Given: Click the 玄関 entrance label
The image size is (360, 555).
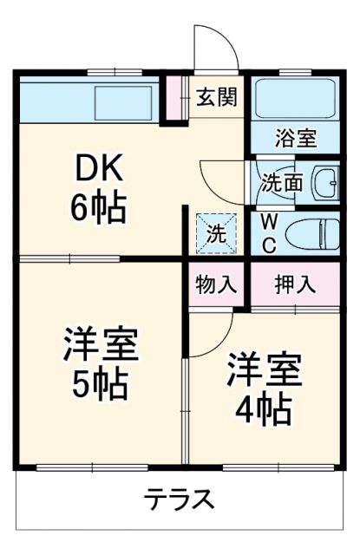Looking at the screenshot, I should [x=216, y=97].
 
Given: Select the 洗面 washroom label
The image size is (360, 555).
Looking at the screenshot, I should [x=282, y=184].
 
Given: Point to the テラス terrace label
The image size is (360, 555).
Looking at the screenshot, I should [x=178, y=499].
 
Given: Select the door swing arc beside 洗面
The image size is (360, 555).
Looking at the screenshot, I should [x=221, y=178].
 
